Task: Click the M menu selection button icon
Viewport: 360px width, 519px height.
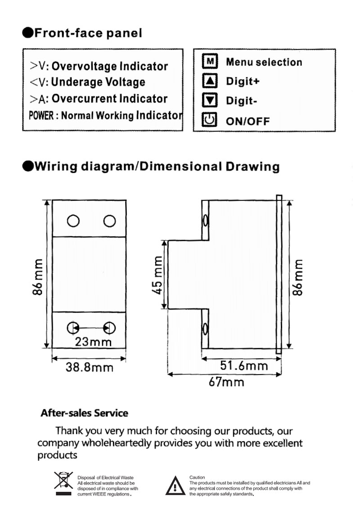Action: pyautogui.click(x=210, y=62)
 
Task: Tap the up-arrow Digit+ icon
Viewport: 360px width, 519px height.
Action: pyautogui.click(x=210, y=81)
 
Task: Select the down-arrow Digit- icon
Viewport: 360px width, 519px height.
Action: pyautogui.click(x=210, y=100)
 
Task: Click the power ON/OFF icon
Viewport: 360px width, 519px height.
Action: pyautogui.click(x=210, y=120)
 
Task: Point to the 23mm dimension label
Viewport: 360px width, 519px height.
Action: pyautogui.click(x=93, y=342)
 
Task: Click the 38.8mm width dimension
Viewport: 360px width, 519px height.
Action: pyautogui.click(x=90, y=367)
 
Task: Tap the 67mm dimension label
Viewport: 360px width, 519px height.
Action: pyautogui.click(x=227, y=382)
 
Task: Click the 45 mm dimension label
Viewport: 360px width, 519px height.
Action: pyautogui.click(x=157, y=275)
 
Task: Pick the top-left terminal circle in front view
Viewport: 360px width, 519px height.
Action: pyautogui.click(x=73, y=221)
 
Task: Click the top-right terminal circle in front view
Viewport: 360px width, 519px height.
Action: pyautogui.click(x=109, y=221)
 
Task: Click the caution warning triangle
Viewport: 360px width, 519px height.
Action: pyautogui.click(x=175, y=486)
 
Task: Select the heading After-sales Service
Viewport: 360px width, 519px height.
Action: pyautogui.click(x=85, y=413)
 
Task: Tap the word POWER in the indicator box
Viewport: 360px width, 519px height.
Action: pyautogui.click(x=41, y=116)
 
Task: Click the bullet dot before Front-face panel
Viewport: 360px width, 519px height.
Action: pyautogui.click(x=28, y=33)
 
